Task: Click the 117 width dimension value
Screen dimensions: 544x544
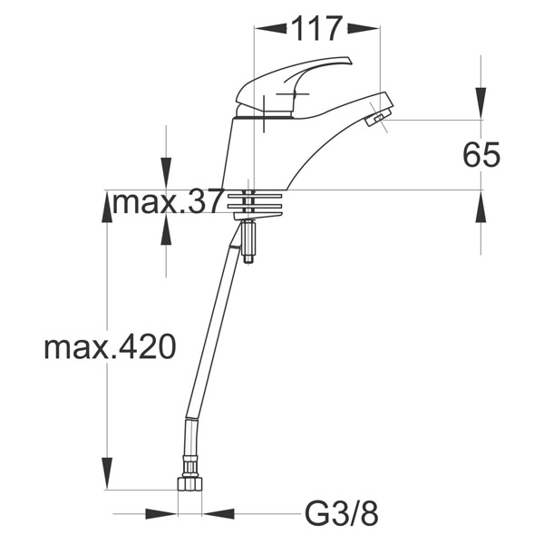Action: click(x=316, y=29)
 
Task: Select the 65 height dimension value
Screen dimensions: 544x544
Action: click(x=481, y=155)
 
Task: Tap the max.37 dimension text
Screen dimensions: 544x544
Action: click(x=167, y=202)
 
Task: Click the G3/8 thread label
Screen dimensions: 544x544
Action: click(x=342, y=513)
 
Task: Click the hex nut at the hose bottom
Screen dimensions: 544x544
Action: click(x=189, y=484)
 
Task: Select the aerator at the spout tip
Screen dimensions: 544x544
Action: click(x=377, y=117)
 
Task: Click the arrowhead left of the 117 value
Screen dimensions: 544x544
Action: click(x=270, y=28)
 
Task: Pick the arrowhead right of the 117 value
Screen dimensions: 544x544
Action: click(x=364, y=28)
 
